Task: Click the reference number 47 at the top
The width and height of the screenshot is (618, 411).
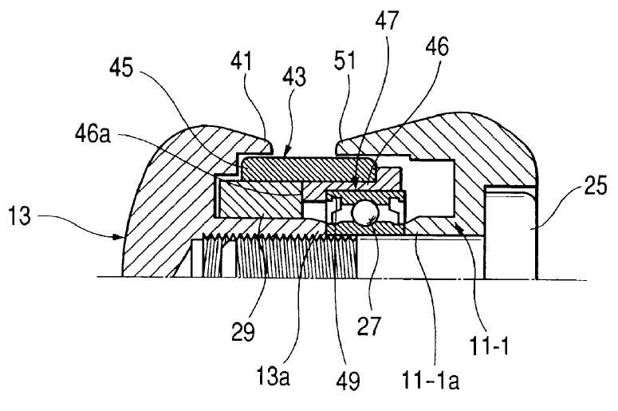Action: point(387,22)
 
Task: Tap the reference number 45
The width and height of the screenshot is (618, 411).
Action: point(121,68)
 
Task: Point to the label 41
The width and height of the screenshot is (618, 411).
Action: point(241,61)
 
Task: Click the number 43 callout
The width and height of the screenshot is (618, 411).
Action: point(294,77)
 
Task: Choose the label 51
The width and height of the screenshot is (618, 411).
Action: point(344,61)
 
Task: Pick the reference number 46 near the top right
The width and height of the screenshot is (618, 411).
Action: point(437,46)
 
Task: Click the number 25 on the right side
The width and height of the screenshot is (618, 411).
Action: point(596,186)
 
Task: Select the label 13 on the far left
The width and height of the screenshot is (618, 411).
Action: point(19,215)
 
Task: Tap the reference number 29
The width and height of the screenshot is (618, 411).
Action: point(243,332)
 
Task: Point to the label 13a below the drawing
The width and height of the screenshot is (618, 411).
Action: point(274,375)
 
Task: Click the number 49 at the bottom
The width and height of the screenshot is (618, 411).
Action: point(348,380)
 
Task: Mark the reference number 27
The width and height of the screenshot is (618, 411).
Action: point(369,326)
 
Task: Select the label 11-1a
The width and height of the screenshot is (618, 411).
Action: point(431,380)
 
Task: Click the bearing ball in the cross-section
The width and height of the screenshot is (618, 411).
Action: point(365,212)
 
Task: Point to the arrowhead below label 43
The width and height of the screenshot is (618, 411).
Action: point(287,151)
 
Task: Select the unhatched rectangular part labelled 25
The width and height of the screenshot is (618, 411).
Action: point(510,232)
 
